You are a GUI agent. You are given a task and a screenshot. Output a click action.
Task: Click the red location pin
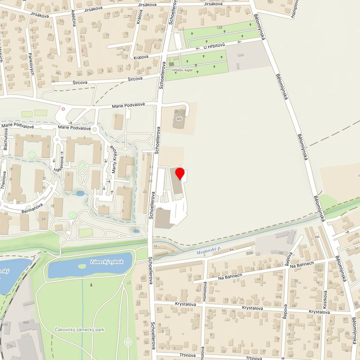(180, 174)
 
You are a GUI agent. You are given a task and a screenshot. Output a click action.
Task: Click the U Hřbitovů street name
(215, 46)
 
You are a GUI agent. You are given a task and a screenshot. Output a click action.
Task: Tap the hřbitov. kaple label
(182, 71)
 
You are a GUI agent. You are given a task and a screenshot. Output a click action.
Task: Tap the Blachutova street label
(5, 140)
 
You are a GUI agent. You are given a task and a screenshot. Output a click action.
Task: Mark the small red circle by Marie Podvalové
(63, 108)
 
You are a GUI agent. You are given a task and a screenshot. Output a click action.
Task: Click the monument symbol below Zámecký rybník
(91, 284)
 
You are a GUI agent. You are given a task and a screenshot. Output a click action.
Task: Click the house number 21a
(9, 345)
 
